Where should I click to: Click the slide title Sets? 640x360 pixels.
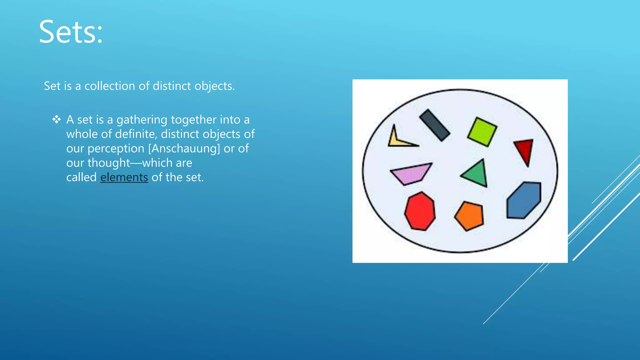[x=71, y=32]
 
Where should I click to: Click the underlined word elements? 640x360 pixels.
[x=124, y=177]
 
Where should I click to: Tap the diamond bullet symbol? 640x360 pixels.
[x=57, y=119]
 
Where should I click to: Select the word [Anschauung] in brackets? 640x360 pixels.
[x=184, y=149]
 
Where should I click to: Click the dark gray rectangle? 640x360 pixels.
[x=435, y=125]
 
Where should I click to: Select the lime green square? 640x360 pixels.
[x=482, y=132]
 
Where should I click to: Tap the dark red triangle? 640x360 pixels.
[x=525, y=150]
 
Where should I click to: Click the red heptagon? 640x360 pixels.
[x=420, y=212]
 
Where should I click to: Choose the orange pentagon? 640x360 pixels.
[x=469, y=216]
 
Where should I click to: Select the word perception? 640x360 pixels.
[x=116, y=149]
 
